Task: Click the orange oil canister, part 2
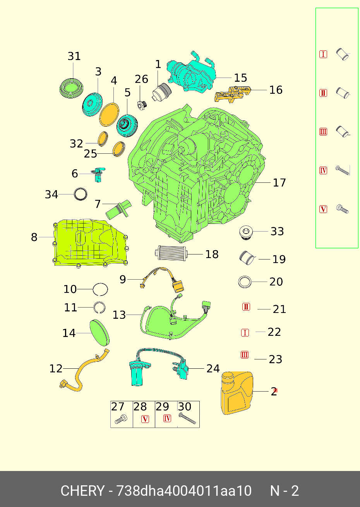(x=237, y=393)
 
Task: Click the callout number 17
(x=279, y=182)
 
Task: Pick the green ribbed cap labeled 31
(x=71, y=88)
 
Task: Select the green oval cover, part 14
(x=99, y=332)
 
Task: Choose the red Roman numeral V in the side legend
(x=323, y=209)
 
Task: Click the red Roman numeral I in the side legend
(x=323, y=54)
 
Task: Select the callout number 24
(x=213, y=368)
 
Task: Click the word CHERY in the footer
(x=82, y=491)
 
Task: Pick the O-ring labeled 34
(x=81, y=194)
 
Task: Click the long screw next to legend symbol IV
(x=343, y=170)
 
